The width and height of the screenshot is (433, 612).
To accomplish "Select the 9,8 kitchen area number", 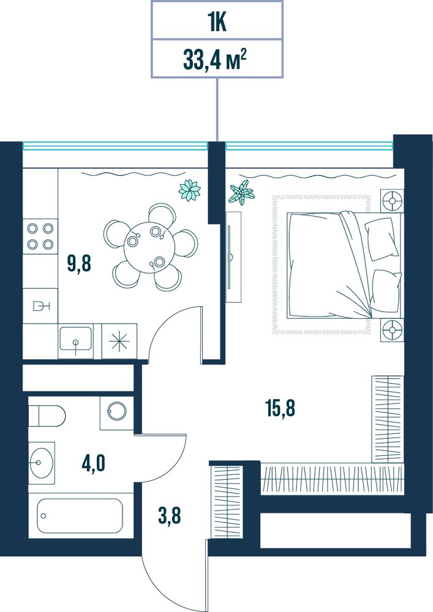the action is tap(79, 264).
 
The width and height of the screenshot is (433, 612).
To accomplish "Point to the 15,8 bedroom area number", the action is tap(281, 409).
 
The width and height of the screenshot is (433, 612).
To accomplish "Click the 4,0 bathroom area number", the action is tap(93, 464).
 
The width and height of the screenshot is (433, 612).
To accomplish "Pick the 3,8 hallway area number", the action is tap(169, 515).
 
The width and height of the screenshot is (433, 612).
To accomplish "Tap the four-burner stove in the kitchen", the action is tap(40, 236).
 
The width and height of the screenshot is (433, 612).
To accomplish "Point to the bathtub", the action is tap(80, 515).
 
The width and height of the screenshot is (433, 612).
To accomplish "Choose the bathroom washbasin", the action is tap(42, 463).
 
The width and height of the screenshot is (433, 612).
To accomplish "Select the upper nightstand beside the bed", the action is tap(391, 201).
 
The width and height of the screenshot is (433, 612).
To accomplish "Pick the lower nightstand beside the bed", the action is tap(391, 330).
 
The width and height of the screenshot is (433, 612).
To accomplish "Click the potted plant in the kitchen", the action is tap(190, 190).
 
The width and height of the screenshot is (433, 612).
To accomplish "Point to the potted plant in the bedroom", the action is tap(241, 193).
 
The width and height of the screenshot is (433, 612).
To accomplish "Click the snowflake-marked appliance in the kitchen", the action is tap(119, 341).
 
